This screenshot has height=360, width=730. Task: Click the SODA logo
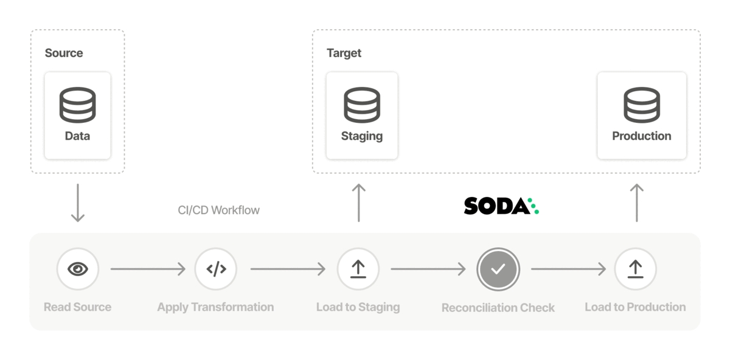click(501, 206)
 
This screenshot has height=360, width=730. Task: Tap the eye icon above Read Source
click(78, 268)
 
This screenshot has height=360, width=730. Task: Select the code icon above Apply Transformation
click(216, 268)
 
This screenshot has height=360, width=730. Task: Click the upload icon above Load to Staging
click(358, 268)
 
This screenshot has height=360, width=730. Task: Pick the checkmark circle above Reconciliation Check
click(498, 268)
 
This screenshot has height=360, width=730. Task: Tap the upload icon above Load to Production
click(635, 268)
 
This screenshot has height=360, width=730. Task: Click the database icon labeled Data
click(77, 105)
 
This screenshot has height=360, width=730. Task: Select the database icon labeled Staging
click(362, 105)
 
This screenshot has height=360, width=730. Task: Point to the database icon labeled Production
click(642, 105)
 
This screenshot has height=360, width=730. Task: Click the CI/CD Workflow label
click(218, 210)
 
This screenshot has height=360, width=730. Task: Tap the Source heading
click(64, 53)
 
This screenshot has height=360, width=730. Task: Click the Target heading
click(344, 53)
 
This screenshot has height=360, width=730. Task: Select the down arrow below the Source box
click(77, 203)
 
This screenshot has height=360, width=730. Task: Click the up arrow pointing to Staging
click(359, 202)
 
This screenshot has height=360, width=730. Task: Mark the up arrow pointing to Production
click(636, 202)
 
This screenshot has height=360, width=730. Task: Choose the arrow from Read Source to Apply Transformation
click(148, 268)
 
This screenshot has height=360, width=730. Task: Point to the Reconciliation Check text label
click(498, 308)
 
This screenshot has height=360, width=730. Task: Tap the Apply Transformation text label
click(215, 307)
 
